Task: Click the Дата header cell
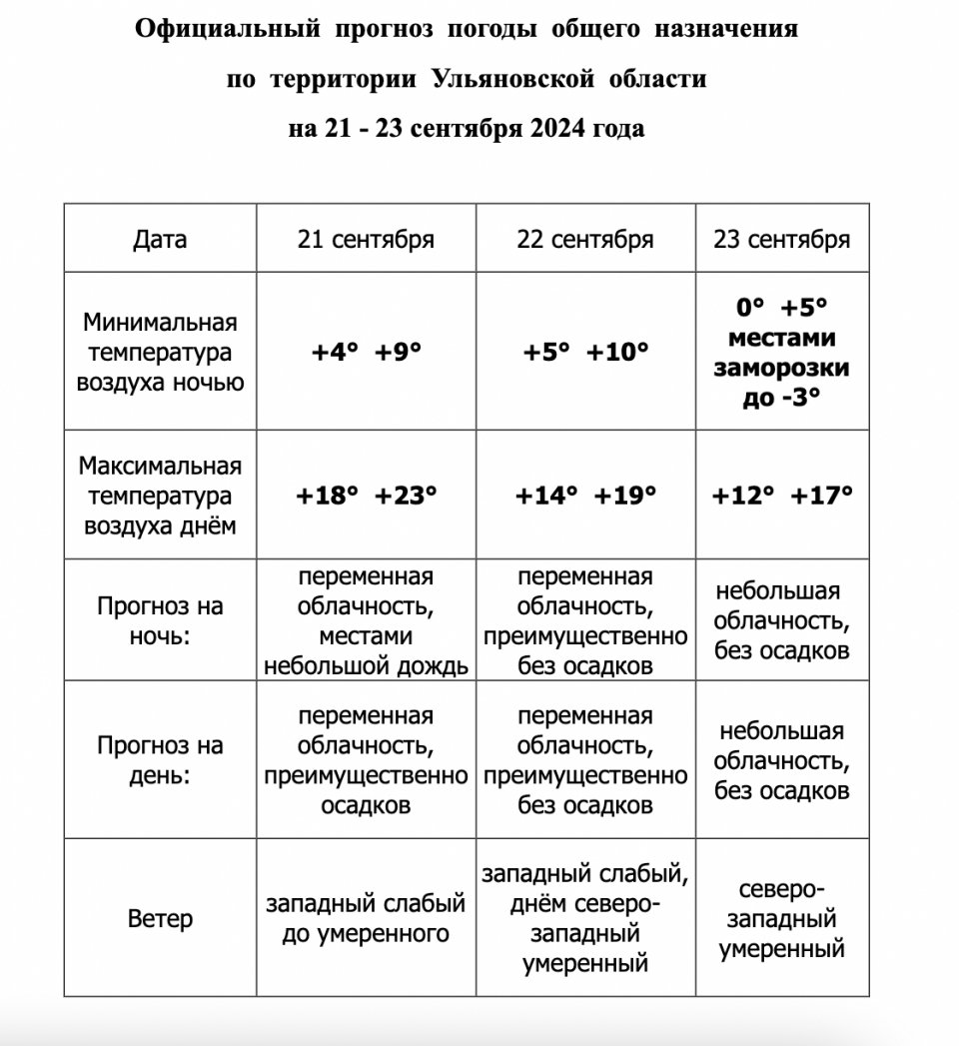click(160, 240)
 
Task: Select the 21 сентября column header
click(366, 240)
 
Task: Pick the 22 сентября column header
click(585, 240)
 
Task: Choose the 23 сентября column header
click(781, 240)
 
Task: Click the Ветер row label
click(160, 919)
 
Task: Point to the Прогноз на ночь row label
click(160, 620)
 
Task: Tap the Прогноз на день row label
click(160, 760)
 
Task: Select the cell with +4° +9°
click(366, 353)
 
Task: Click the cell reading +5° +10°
click(585, 353)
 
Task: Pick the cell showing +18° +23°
click(366, 496)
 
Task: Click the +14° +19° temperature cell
click(585, 496)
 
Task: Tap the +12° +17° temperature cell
click(781, 496)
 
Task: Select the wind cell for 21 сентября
click(366, 919)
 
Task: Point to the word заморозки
click(781, 368)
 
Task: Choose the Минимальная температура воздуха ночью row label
click(160, 353)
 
